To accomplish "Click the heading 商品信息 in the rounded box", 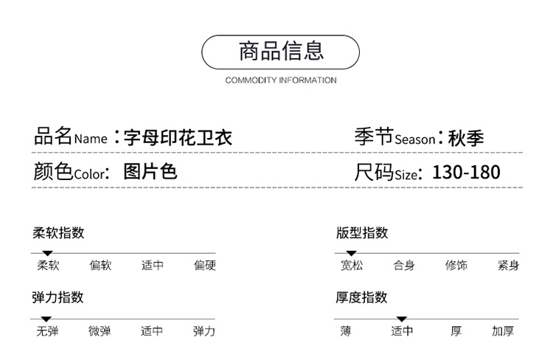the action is pyautogui.click(x=281, y=51).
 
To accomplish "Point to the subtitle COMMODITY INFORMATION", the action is pyautogui.click(x=281, y=80).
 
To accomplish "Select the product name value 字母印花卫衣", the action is pyautogui.click(x=178, y=137).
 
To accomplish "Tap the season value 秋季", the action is pyautogui.click(x=467, y=138).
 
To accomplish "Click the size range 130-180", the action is pyautogui.click(x=466, y=173).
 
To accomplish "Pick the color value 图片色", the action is pyautogui.click(x=150, y=172).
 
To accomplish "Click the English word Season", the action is pyautogui.click(x=415, y=139).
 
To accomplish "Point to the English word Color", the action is pyautogui.click(x=88, y=175).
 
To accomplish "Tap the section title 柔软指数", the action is pyautogui.click(x=59, y=232).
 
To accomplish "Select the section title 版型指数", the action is pyautogui.click(x=362, y=232).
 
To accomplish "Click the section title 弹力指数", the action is pyautogui.click(x=59, y=297).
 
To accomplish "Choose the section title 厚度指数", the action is pyautogui.click(x=362, y=297).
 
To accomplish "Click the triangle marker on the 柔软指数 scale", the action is pyautogui.click(x=47, y=253).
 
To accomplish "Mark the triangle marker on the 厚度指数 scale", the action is pyautogui.click(x=402, y=319).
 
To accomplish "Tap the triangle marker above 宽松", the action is pyautogui.click(x=351, y=253).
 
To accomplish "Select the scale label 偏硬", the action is pyautogui.click(x=205, y=266).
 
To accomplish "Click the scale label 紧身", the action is pyautogui.click(x=508, y=266).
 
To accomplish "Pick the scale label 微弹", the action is pyautogui.click(x=100, y=331).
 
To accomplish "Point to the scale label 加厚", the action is pyautogui.click(x=503, y=331).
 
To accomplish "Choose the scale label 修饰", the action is pyautogui.click(x=456, y=266).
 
